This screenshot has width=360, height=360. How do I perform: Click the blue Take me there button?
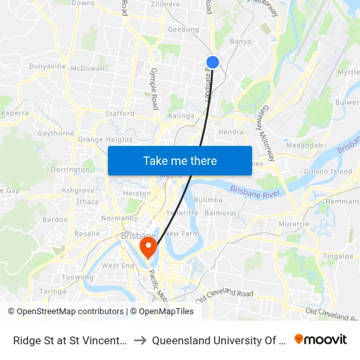(180, 160)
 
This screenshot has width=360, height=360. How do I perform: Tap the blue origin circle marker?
(213, 62)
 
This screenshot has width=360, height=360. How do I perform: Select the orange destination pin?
(149, 247)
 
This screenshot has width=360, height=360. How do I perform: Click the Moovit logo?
(321, 340)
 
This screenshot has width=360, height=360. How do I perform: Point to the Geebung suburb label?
(183, 29)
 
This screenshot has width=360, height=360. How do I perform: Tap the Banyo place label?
(240, 42)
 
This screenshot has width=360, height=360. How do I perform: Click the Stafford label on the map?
(120, 113)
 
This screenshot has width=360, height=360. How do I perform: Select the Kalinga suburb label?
(181, 116)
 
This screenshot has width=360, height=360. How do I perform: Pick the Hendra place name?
(230, 132)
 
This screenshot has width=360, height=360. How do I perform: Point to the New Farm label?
(181, 234)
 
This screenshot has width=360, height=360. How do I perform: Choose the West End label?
(118, 266)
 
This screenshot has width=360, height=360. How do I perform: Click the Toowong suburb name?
(77, 278)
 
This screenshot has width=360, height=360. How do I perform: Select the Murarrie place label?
(293, 224)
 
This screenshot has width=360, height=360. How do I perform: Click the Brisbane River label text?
(255, 192)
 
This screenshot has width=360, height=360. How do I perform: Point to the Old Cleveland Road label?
(225, 295)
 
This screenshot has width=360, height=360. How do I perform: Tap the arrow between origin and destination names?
(140, 340)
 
